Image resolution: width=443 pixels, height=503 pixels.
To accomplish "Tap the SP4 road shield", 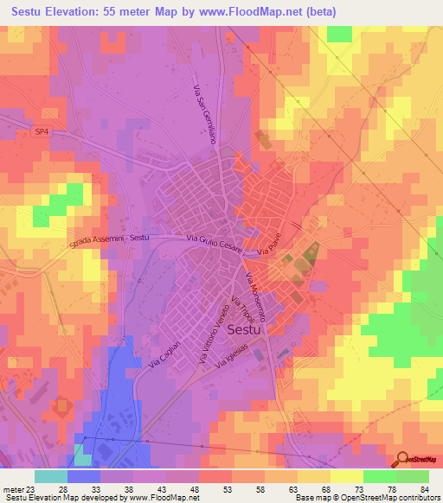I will (x=42, y=131).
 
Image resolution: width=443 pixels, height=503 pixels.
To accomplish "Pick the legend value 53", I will (x=228, y=489).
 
